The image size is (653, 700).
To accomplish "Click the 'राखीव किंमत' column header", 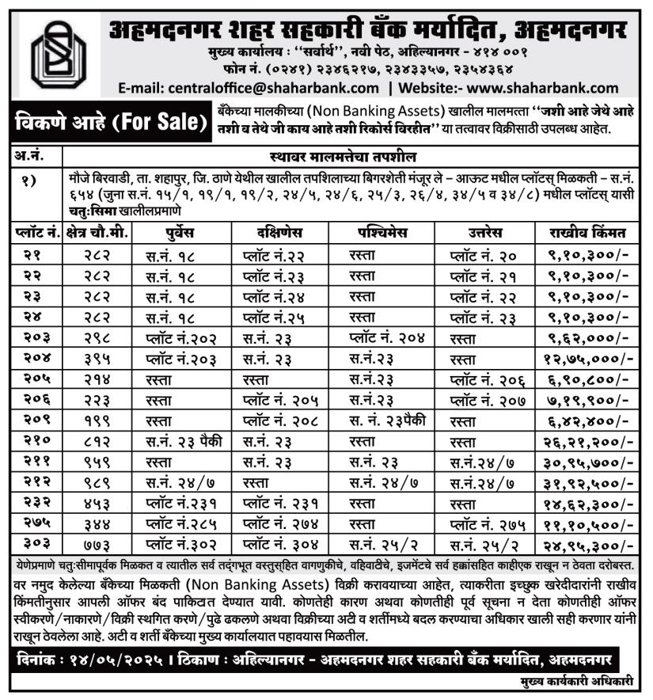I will pos(590,233).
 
